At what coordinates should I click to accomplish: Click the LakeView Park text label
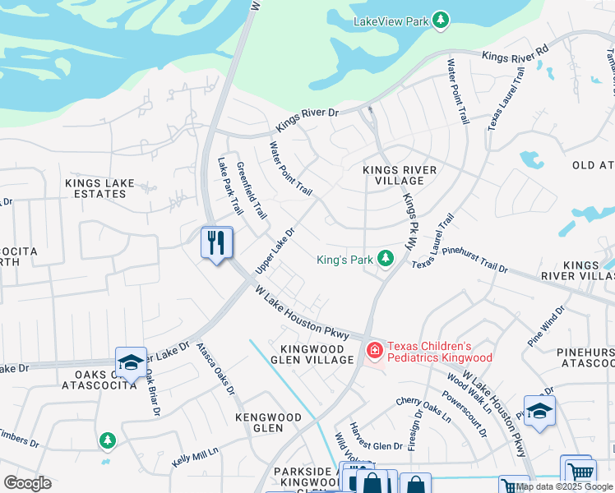pyautogui.click(x=391, y=21)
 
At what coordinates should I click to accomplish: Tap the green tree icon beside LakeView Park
pyautogui.click(x=441, y=21)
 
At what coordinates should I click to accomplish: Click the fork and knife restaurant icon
pyautogui.click(x=217, y=242)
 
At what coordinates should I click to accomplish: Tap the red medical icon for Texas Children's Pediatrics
pyautogui.click(x=374, y=352)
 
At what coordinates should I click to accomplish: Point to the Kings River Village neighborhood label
pyautogui.click(x=400, y=174)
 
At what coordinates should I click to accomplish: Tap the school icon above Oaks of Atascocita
pyautogui.click(x=130, y=362)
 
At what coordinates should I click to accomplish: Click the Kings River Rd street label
pyautogui.click(x=515, y=55)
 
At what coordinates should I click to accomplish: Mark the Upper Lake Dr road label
pyautogui.click(x=275, y=252)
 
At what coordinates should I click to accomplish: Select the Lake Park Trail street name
pyautogui.click(x=224, y=186)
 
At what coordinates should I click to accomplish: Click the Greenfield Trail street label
pyautogui.click(x=252, y=191)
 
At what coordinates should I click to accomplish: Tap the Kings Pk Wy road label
pyautogui.click(x=409, y=222)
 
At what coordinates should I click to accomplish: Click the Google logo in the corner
pyautogui.click(x=27, y=482)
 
